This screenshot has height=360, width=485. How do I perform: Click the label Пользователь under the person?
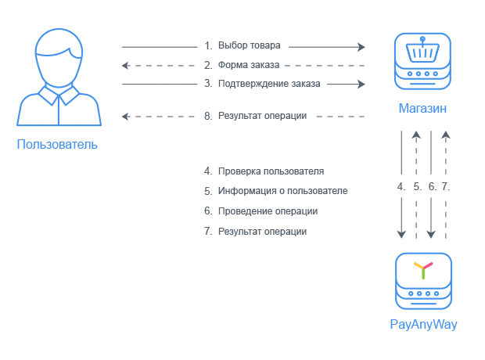(57, 145)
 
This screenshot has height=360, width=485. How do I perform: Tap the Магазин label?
(423, 109)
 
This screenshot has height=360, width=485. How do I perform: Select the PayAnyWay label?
(423, 324)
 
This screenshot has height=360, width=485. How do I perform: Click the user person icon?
(58, 78)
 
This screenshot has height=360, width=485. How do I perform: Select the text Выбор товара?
(250, 46)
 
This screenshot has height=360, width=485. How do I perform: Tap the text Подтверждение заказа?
(268, 84)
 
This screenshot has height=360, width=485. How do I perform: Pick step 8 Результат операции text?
(262, 116)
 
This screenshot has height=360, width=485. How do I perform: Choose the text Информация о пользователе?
(282, 191)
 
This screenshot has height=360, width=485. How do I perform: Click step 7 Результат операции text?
(262, 232)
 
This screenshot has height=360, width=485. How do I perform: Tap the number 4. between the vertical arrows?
(401, 187)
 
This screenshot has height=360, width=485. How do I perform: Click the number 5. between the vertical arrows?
(417, 187)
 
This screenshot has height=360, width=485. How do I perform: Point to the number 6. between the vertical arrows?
(432, 187)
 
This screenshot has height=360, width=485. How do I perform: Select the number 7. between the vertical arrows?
(446, 187)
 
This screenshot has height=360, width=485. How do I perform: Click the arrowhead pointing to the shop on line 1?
(361, 46)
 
